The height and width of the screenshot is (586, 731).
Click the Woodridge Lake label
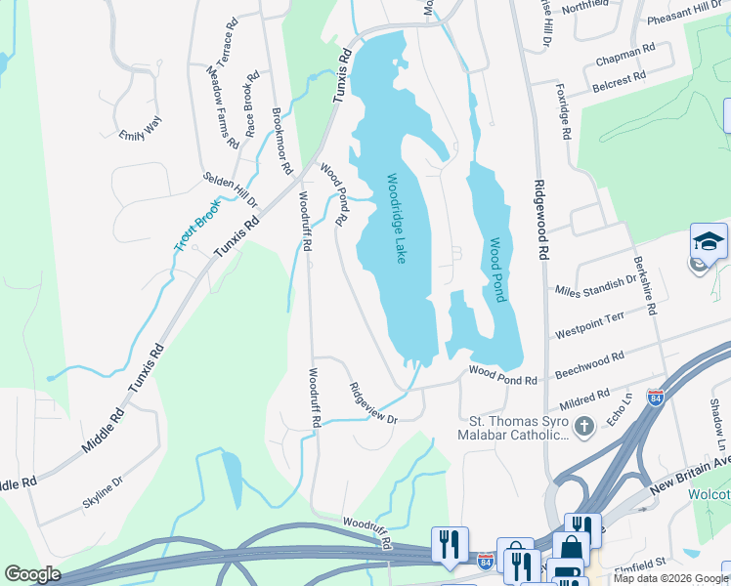tap(396, 219)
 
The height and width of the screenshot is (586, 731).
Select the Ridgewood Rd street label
tap(540, 219)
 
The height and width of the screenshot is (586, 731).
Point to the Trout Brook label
tap(198, 225)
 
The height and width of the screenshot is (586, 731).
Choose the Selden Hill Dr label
tap(230, 190)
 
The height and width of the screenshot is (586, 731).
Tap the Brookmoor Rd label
tap(282, 141)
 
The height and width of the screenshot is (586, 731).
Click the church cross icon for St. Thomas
tap(583, 426)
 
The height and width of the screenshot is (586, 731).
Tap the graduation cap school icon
tap(709, 241)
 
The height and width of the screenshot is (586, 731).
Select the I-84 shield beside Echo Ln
tap(655, 398)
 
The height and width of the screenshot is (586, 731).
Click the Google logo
tap(32, 574)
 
